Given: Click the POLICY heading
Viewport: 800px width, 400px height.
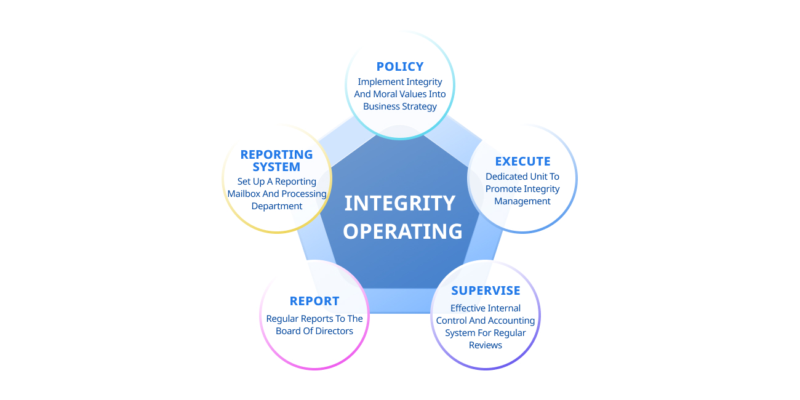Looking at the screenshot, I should [x=400, y=66].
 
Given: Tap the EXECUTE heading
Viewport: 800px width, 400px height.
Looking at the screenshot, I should [x=522, y=161].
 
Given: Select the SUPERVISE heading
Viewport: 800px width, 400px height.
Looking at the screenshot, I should [x=486, y=290].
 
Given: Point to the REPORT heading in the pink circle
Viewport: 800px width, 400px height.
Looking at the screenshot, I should [x=314, y=301].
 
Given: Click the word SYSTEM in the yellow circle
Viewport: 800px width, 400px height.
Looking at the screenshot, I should [x=276, y=167].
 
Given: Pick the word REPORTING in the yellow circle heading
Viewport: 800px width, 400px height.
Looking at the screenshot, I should [x=276, y=154].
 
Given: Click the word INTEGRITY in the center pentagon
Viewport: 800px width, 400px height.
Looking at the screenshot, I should [x=400, y=203].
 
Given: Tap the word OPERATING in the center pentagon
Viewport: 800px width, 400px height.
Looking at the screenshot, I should [x=402, y=231].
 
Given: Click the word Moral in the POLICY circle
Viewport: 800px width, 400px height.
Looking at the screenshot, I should [x=385, y=94].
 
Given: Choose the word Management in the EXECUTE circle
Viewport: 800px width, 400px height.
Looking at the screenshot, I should [x=522, y=201].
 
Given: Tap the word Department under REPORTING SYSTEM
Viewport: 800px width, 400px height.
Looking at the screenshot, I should [x=277, y=206].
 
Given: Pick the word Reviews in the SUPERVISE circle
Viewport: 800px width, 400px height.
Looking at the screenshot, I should [x=486, y=345].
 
